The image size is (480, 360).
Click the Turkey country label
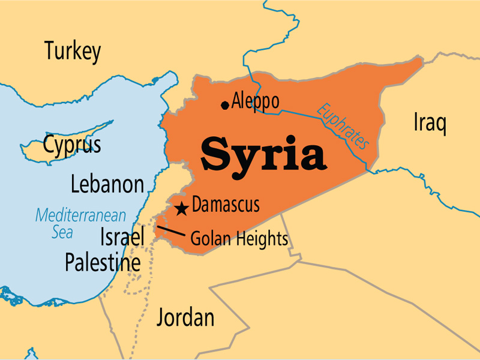[72, 52]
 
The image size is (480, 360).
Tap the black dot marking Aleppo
[225, 105]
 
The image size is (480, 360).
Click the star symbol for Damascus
[181, 209]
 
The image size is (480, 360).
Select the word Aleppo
[255, 100]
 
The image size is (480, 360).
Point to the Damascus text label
[226, 205]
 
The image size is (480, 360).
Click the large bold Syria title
[264, 154]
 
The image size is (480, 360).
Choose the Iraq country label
[430, 123]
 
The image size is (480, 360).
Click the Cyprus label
[72, 145]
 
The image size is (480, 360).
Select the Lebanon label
[107, 184]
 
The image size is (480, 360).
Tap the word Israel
[122, 238]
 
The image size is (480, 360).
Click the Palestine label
[103, 262]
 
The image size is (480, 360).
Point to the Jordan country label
[185, 317]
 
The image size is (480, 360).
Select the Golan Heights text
[239, 239]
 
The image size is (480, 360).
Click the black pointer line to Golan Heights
[170, 231]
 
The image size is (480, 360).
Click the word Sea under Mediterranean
[62, 232]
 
